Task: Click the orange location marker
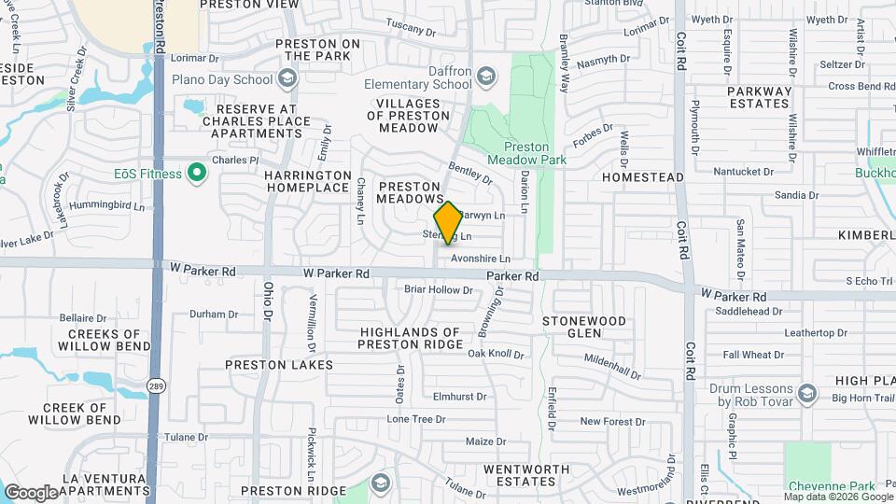(x=448, y=222)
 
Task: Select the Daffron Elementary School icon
(x=485, y=76)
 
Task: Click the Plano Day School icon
(x=288, y=79)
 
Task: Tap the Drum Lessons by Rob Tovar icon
(x=806, y=393)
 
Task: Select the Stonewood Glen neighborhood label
(x=584, y=327)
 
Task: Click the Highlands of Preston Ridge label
(x=411, y=338)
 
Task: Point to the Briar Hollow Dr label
(x=439, y=290)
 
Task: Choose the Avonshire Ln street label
(x=481, y=259)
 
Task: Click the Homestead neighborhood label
(x=643, y=176)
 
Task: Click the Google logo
(x=31, y=492)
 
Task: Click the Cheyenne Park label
(x=832, y=486)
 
